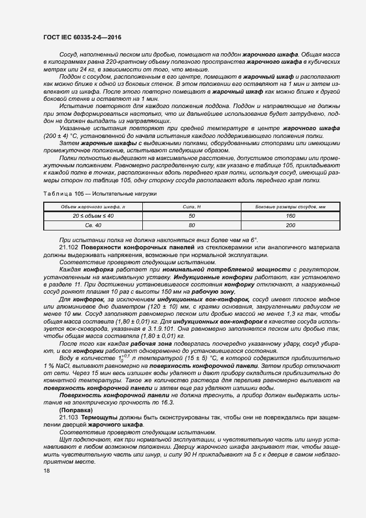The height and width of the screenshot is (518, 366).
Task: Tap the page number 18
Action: pos(46,470)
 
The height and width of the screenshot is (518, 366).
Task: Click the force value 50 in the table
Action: pos(192,216)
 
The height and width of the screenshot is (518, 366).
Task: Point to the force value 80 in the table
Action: pos(192,225)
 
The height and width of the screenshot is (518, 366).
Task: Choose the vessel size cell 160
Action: pos(290,216)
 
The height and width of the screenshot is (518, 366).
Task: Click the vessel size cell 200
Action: pos(290,225)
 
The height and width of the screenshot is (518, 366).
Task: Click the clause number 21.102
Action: pos(68,247)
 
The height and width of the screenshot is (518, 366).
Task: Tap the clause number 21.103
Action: pos(68,416)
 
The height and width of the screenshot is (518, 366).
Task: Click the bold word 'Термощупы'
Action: pos(100,416)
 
